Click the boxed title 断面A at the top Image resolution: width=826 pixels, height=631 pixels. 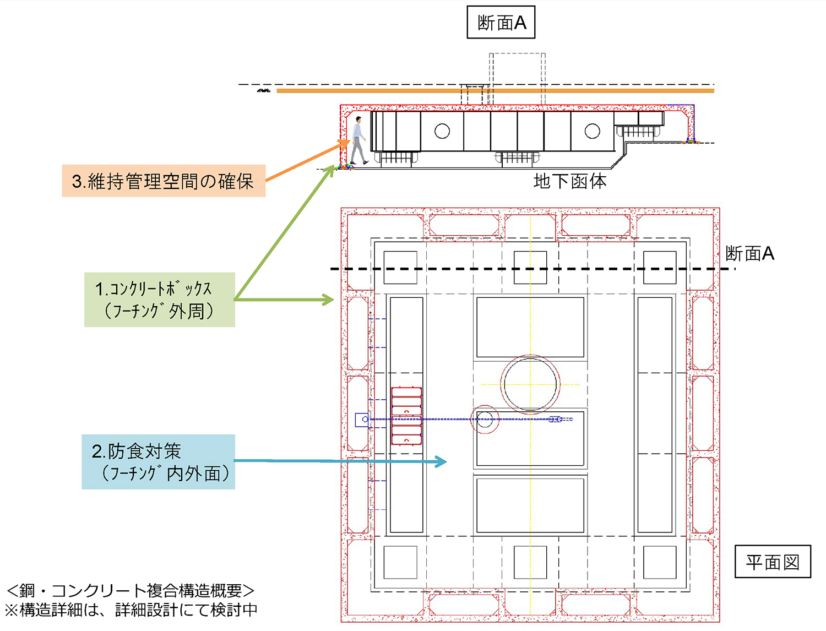[x=501, y=23]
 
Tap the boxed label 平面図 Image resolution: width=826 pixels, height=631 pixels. [x=773, y=562]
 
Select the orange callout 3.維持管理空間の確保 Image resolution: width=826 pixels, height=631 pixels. [x=164, y=181]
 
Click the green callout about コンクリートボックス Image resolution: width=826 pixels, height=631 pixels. [x=159, y=300]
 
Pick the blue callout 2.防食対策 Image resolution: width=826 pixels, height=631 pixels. [x=158, y=462]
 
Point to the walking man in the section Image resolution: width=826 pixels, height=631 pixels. [x=358, y=140]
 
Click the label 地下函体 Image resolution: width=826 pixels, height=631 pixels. [x=570, y=181]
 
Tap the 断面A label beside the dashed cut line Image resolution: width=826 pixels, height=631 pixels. [x=750, y=253]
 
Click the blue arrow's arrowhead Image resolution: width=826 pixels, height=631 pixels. [x=441, y=461]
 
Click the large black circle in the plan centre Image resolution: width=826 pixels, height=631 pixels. [x=530, y=384]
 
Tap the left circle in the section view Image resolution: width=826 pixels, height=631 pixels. [x=442, y=131]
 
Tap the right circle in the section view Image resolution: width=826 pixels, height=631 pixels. [x=593, y=131]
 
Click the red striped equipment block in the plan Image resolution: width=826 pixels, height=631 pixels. [x=406, y=416]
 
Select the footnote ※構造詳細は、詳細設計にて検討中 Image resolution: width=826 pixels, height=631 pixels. [x=131, y=610]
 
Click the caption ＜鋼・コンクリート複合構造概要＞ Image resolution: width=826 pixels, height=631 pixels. [x=131, y=591]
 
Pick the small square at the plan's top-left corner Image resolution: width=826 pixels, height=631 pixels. [x=400, y=268]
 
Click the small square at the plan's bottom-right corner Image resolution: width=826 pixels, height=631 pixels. [x=660, y=562]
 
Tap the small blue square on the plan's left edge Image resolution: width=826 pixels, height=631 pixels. [x=361, y=420]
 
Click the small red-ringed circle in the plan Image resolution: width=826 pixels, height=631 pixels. [x=485, y=420]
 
